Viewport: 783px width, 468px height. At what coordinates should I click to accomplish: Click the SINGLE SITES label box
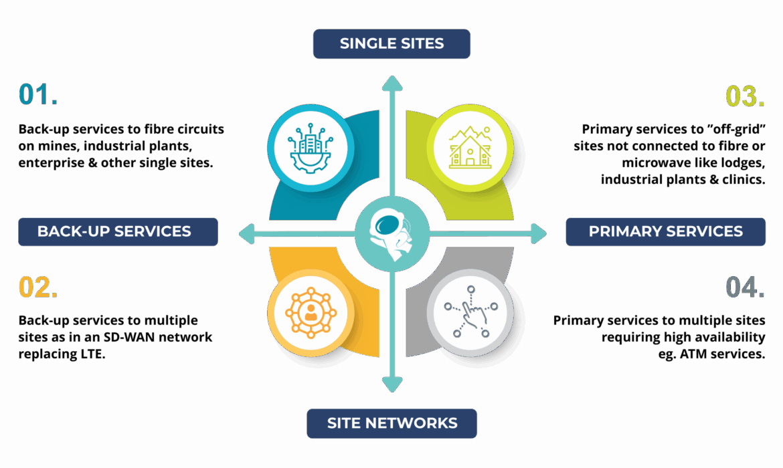tap(391, 44)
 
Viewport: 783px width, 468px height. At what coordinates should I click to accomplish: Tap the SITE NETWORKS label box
tap(391, 424)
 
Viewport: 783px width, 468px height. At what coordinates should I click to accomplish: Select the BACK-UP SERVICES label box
tap(118, 232)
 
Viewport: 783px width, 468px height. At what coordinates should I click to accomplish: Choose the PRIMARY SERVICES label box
tap(665, 232)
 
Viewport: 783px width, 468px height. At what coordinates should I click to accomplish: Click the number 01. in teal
tap(38, 94)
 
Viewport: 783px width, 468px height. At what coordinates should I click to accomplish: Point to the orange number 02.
tap(38, 287)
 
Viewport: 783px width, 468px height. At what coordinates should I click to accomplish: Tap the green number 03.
tap(745, 96)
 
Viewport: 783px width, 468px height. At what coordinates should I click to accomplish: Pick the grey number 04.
tap(745, 287)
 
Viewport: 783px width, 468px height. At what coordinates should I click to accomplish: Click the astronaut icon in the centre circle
tap(391, 234)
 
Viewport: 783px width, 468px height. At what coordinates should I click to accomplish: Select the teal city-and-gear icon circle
tap(311, 148)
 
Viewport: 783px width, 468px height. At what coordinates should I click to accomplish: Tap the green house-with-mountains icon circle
tap(470, 148)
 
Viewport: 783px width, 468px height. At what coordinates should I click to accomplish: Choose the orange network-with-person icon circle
tap(311, 314)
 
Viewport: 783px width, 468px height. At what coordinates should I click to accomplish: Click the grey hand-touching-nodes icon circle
tap(470, 314)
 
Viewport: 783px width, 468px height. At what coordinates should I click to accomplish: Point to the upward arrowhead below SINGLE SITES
tap(392, 84)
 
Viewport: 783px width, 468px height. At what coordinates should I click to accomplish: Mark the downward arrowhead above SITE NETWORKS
tap(392, 384)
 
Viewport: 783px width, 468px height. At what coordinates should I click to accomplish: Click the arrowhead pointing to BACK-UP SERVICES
tap(247, 234)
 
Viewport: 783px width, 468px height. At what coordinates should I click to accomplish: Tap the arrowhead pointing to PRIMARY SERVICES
tap(538, 234)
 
